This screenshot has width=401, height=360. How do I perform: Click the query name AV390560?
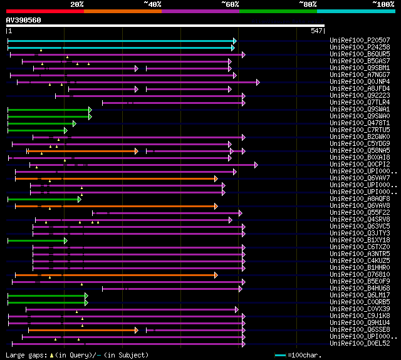(23, 20)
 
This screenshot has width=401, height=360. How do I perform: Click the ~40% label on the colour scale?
(152, 4)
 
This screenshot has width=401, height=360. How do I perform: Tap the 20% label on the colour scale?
(77, 4)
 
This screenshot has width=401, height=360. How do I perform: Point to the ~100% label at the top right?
(382, 4)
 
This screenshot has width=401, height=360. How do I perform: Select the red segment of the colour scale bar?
(44, 11)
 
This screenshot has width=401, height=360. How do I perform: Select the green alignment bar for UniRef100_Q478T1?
(41, 123)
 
